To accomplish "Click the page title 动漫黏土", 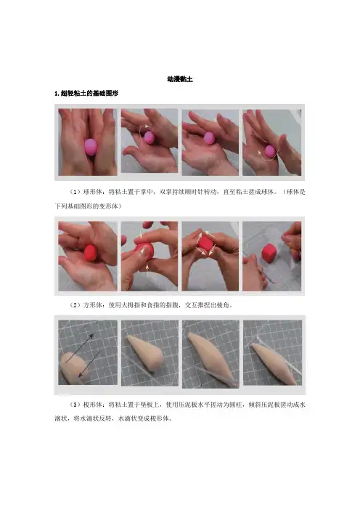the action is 180,79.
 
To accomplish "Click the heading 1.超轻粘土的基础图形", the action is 86,93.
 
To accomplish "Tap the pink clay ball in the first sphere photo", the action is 91,147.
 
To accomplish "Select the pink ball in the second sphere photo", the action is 149,137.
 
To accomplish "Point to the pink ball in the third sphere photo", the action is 209,138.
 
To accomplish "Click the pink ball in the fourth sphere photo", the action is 270,151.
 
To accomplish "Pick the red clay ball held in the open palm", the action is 91,253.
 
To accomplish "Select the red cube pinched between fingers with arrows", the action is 205,243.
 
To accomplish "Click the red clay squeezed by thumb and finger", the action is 144,251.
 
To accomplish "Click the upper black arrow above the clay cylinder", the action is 79,348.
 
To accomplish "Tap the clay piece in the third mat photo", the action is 211,357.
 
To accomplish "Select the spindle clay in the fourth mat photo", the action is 274,363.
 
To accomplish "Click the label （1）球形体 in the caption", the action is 85,192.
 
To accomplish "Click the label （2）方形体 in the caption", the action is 85,305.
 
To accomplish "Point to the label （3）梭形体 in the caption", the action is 85,405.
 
